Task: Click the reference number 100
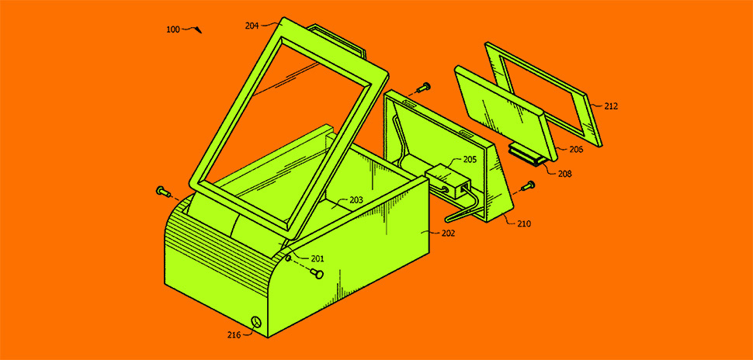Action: (173, 29)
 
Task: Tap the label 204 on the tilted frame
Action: (252, 26)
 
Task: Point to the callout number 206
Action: (576, 149)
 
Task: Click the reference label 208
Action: (565, 174)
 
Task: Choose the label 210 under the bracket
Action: (525, 223)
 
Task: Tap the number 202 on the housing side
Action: (447, 234)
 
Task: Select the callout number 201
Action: (317, 258)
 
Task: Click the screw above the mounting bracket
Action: (423, 88)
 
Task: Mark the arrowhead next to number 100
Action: (199, 30)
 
